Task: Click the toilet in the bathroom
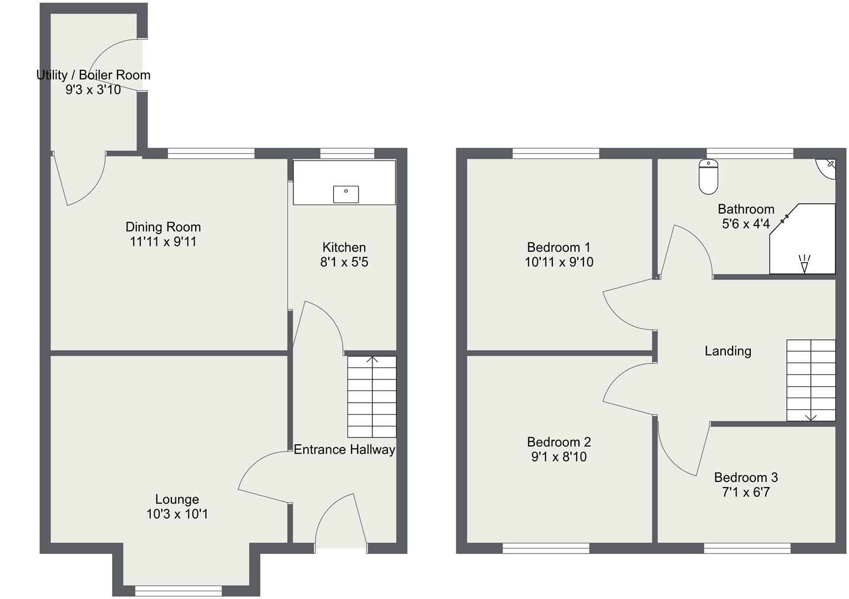pyautogui.click(x=708, y=177)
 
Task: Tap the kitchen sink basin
pyautogui.click(x=345, y=194)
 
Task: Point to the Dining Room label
pyautogui.click(x=163, y=227)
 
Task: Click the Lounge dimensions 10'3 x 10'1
pyautogui.click(x=177, y=514)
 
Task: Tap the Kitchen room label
pyautogui.click(x=344, y=247)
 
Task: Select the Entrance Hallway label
pyautogui.click(x=344, y=449)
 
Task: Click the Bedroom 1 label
pyautogui.click(x=558, y=247)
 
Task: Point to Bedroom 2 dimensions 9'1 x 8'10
pyautogui.click(x=558, y=457)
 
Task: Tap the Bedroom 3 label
pyautogui.click(x=745, y=478)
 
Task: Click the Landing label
pyautogui.click(x=728, y=351)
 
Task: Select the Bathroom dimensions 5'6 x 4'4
pyautogui.click(x=745, y=224)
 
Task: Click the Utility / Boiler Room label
pyautogui.click(x=93, y=75)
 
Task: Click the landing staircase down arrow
pyautogui.click(x=811, y=417)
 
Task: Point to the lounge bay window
pyautogui.click(x=178, y=591)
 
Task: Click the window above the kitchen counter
pyautogui.click(x=347, y=154)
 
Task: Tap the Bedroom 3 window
pyautogui.click(x=747, y=548)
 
